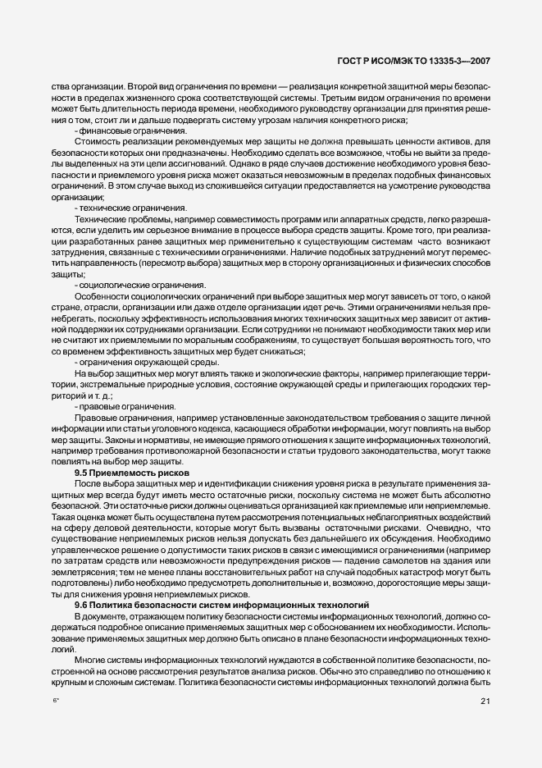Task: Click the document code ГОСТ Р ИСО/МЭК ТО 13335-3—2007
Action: click(x=426, y=62)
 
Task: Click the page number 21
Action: click(x=485, y=700)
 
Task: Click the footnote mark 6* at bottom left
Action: click(x=57, y=700)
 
